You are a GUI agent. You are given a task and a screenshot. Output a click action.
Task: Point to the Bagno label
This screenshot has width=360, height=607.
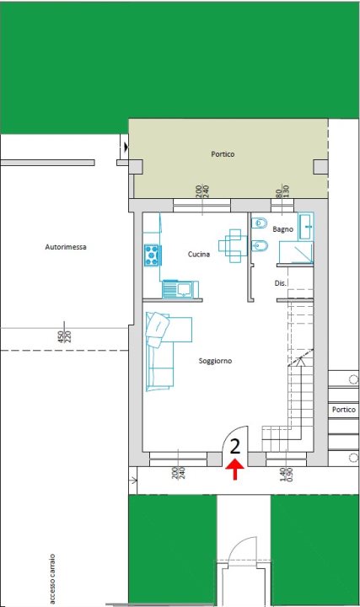coord(282,229)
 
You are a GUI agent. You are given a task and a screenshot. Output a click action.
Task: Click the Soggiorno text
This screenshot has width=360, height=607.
coord(215,361)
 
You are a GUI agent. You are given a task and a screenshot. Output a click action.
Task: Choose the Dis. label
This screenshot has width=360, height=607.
coord(282,283)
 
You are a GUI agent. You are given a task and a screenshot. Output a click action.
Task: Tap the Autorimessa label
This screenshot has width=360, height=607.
coord(66,247)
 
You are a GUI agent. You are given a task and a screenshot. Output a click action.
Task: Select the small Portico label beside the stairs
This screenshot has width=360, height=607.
coord(343,410)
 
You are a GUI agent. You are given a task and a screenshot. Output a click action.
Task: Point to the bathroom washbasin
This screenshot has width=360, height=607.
coord(307,226)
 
